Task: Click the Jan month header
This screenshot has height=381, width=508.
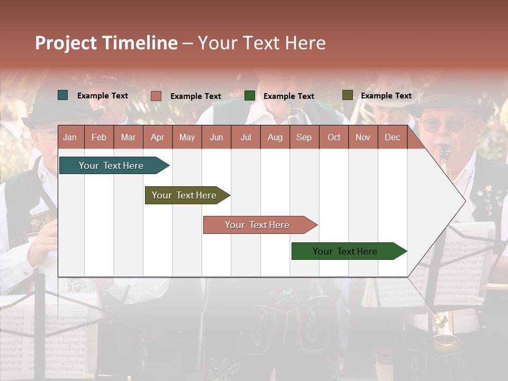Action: (70, 138)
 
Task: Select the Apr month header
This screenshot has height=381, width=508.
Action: (157, 138)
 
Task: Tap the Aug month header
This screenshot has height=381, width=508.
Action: (275, 138)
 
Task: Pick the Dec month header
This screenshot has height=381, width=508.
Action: (392, 138)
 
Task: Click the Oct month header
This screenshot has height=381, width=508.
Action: (334, 138)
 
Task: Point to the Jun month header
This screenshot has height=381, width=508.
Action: (216, 138)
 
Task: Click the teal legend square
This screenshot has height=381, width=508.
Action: (62, 95)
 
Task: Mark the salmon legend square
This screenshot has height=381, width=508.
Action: (156, 96)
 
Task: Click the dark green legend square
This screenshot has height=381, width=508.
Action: (249, 96)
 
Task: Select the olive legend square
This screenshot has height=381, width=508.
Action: (347, 95)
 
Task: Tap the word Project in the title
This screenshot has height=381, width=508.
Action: (66, 43)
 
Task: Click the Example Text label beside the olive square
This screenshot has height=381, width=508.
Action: (386, 96)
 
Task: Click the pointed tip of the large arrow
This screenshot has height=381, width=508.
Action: (465, 201)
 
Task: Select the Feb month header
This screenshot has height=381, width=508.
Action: (99, 138)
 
